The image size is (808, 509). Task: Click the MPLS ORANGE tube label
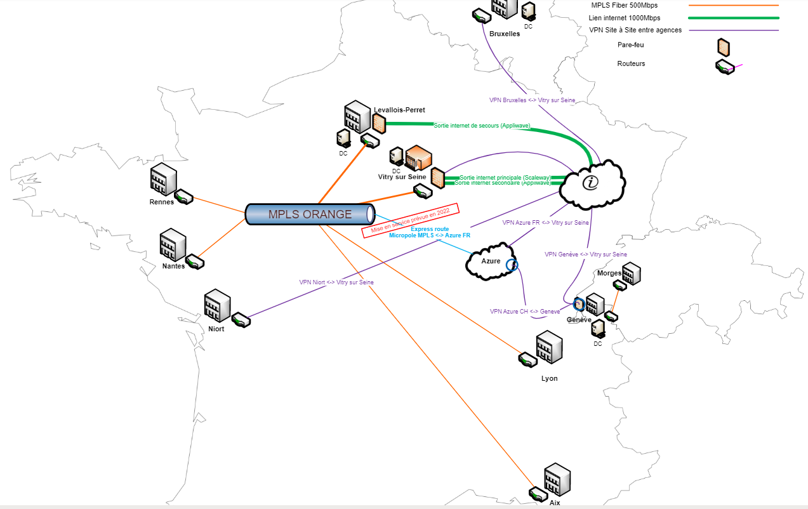310,215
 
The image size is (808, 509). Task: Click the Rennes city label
161,202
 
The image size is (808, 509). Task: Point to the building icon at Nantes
172,244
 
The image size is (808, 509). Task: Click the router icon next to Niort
241,320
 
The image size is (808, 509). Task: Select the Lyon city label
549,378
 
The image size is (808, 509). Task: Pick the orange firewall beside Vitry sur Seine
437,178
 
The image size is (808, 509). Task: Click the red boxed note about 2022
410,220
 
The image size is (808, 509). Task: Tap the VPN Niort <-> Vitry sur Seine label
336,282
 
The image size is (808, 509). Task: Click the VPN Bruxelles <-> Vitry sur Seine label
532,100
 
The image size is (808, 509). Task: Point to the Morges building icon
631,274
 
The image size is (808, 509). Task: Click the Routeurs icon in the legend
725,67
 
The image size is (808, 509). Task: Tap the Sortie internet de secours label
482,126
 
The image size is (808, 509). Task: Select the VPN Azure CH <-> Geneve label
525,312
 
